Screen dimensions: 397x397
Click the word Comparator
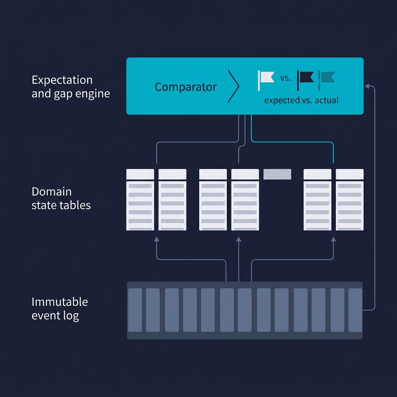coord(185,87)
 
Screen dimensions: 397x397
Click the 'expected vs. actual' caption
coord(301,100)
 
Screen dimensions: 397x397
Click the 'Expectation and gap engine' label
coord(71,87)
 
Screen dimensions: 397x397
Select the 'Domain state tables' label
coord(61,198)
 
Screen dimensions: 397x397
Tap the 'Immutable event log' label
coord(60,309)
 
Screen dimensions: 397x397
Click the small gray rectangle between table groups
coord(277,174)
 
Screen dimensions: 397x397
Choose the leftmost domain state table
coord(140,200)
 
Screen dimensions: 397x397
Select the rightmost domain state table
coord(350,200)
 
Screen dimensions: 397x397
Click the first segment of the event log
coord(135,310)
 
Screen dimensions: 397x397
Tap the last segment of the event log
coord(355,310)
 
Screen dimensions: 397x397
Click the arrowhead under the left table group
coord(157,240)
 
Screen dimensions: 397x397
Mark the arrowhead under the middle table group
coord(239,240)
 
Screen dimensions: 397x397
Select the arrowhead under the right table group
coord(333,240)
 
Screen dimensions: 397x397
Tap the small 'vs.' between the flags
coord(285,78)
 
